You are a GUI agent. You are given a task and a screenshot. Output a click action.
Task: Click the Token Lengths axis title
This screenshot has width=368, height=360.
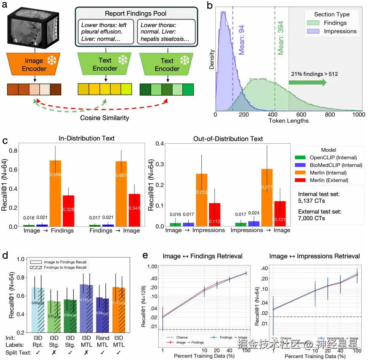[289, 121]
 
